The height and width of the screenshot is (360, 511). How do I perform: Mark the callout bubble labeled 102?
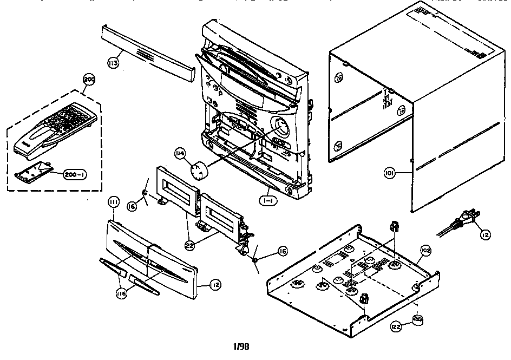point(426,251)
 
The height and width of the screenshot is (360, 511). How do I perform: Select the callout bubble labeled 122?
point(396,327)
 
